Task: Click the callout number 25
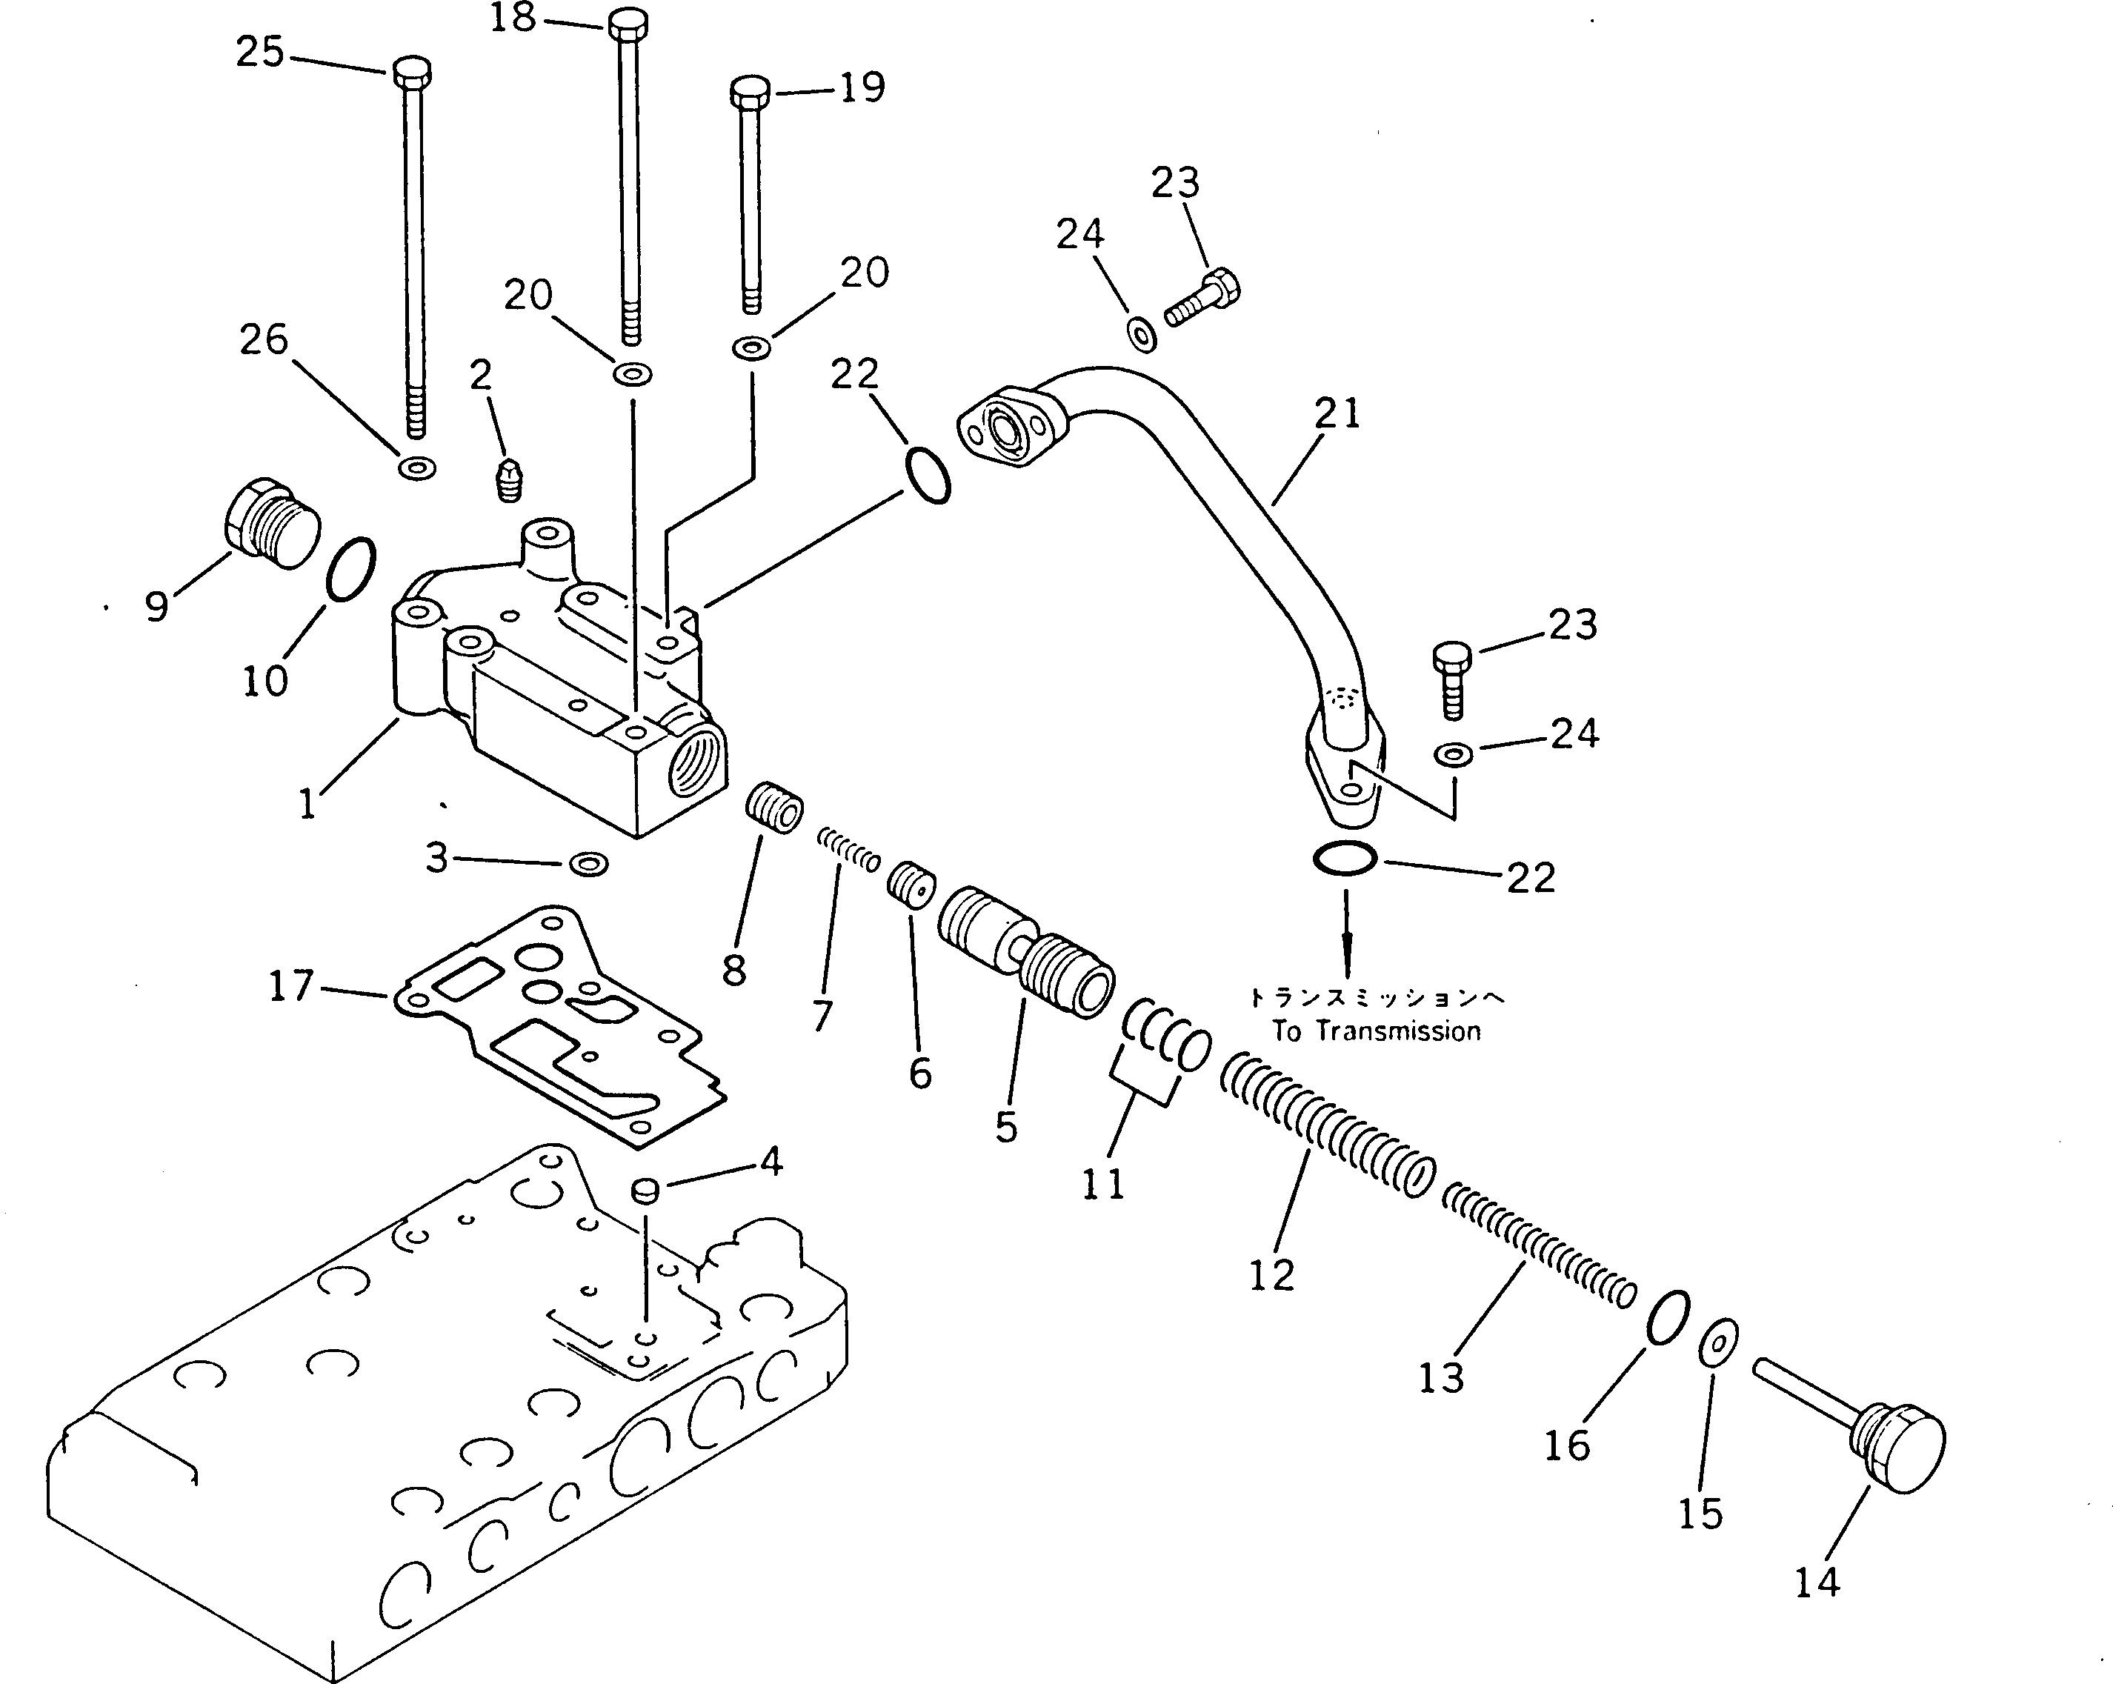(260, 52)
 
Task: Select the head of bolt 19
(751, 93)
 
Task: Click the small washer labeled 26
(419, 467)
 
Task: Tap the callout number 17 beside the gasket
(291, 985)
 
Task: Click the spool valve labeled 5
(1024, 956)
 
